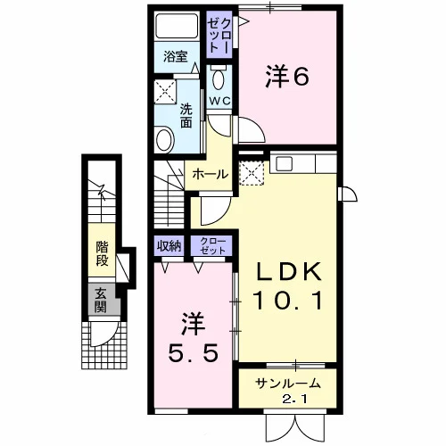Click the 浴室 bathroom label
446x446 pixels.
coord(176,56)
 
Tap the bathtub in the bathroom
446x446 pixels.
coord(177,26)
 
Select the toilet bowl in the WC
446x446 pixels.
coord(219,78)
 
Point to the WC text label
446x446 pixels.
coord(219,101)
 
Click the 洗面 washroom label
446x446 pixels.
coord(186,116)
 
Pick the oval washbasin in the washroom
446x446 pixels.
coord(164,139)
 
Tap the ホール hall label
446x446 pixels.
coord(210,174)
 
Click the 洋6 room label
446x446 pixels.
coord(287,77)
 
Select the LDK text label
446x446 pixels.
coord(289,271)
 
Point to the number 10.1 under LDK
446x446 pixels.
coord(287,301)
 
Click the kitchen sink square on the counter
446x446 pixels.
coord(285,163)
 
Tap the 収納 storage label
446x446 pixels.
coord(169,246)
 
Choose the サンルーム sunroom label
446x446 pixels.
coord(288,384)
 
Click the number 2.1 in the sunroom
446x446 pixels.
coord(294,400)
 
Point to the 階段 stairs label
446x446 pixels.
coord(102,253)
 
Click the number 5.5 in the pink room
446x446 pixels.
coord(193,353)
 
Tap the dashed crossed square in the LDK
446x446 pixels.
coord(252,173)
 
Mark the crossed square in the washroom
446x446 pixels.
coord(165,91)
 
